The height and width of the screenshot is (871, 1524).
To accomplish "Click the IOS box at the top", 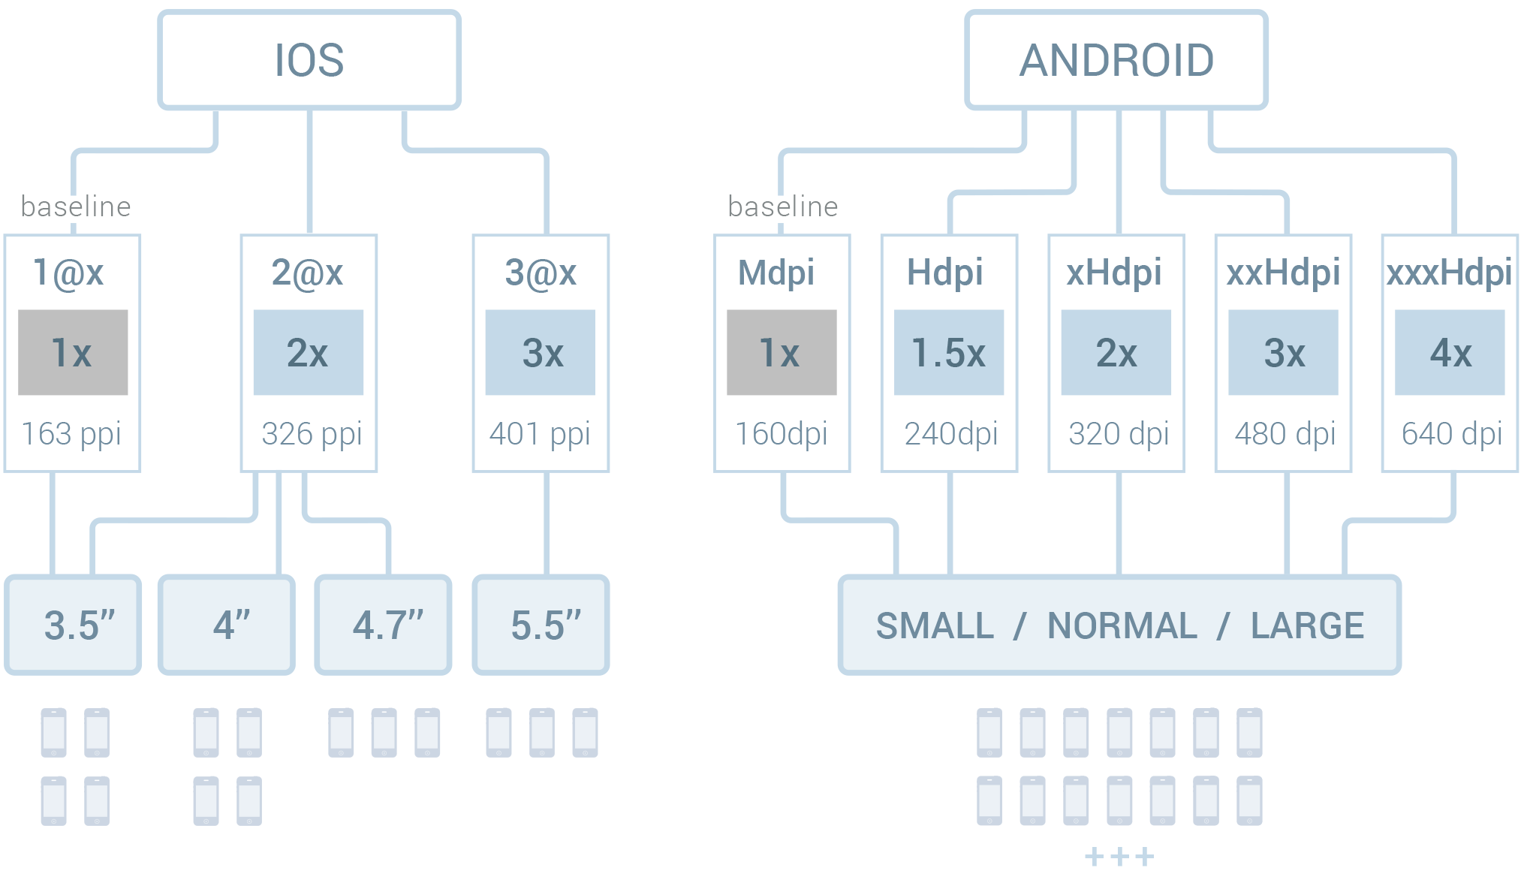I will pyautogui.click(x=309, y=60).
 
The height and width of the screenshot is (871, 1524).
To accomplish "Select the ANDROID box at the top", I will pyautogui.click(x=1116, y=60).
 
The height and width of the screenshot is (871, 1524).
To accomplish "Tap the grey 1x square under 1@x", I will pyautogui.click(x=73, y=352).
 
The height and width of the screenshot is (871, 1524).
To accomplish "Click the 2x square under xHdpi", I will pyautogui.click(x=1116, y=352).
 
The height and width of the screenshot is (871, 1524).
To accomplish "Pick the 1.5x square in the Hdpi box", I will pyautogui.click(x=948, y=352).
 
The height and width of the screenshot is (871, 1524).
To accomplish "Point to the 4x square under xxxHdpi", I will pyautogui.click(x=1450, y=352).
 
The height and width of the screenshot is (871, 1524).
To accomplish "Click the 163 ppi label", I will pyautogui.click(x=71, y=434).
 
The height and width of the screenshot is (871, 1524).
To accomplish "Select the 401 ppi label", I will pyautogui.click(x=540, y=434).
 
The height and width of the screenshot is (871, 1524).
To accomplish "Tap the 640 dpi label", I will pyautogui.click(x=1451, y=434).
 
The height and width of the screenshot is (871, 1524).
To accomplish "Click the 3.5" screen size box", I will pyautogui.click(x=74, y=625).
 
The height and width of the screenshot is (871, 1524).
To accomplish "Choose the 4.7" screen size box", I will pyautogui.click(x=384, y=625).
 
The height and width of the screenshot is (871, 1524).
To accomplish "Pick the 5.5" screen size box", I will pyautogui.click(x=541, y=625).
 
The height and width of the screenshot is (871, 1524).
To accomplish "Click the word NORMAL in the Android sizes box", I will pyautogui.click(x=1122, y=625).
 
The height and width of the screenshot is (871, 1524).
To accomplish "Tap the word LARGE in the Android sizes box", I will pyautogui.click(x=1307, y=625).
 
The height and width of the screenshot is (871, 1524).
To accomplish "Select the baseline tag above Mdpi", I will pyautogui.click(x=781, y=207).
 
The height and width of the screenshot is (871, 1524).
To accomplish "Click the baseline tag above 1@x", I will pyautogui.click(x=74, y=207).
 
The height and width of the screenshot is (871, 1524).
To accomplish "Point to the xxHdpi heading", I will pyautogui.click(x=1283, y=272).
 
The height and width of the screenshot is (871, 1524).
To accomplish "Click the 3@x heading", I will pyautogui.click(x=541, y=272).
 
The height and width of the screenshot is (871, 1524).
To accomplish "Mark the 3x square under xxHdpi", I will pyautogui.click(x=1283, y=352).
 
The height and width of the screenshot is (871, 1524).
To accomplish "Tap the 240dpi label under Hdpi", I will pyautogui.click(x=950, y=434).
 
